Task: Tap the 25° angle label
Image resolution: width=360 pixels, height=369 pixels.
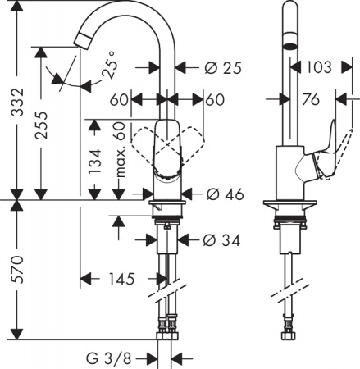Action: click(110, 66)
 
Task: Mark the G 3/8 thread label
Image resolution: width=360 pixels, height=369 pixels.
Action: click(109, 358)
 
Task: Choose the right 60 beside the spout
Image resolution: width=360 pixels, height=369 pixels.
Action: click(216, 99)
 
